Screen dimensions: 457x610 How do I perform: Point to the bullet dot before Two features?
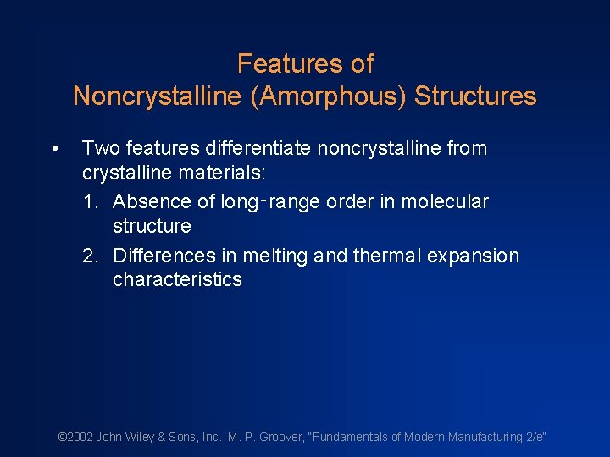click(x=54, y=150)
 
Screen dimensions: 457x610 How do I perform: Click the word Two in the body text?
click(x=101, y=149)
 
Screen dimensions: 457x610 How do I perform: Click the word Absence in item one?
click(x=152, y=202)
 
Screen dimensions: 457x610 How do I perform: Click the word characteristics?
click(x=177, y=280)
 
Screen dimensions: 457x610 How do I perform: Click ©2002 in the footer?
click(x=75, y=437)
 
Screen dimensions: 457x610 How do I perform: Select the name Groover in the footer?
click(x=275, y=437)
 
